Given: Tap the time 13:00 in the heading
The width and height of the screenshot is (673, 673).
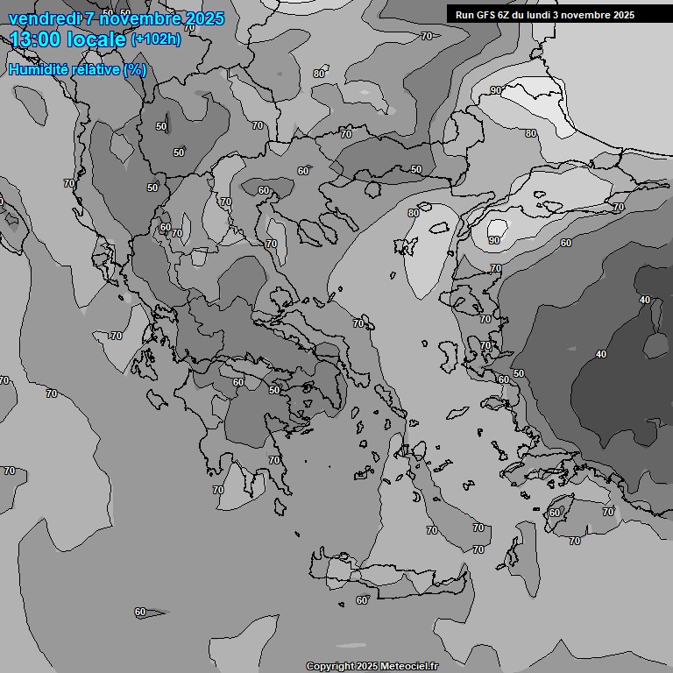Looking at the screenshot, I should click(x=36, y=39).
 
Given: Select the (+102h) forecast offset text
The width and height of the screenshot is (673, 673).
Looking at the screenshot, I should click(x=156, y=39).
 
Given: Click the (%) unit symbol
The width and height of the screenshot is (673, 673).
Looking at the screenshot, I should click(x=135, y=69).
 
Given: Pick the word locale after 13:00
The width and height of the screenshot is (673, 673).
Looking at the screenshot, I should click(x=96, y=39).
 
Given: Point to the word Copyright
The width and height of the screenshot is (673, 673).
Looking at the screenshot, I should click(x=330, y=666).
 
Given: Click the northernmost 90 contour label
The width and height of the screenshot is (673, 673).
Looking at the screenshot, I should click(x=496, y=91).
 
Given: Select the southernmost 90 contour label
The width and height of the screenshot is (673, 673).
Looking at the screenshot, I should click(x=494, y=240).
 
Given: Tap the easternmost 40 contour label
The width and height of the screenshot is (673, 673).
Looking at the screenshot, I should click(x=645, y=301).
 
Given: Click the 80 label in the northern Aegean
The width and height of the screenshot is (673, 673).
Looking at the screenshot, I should click(x=414, y=213).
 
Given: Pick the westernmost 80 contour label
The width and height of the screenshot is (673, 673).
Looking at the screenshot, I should click(x=319, y=74).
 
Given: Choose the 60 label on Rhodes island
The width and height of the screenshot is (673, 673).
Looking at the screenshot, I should click(x=555, y=513).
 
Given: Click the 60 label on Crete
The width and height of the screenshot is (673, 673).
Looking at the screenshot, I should click(x=362, y=600).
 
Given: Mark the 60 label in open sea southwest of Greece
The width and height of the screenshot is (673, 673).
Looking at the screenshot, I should click(x=140, y=612).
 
